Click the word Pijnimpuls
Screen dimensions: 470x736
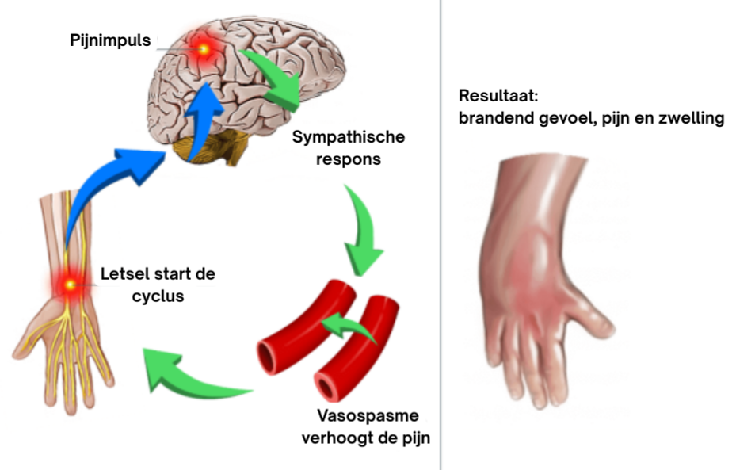click(109, 40)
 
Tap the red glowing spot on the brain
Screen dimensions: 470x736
click(204, 49)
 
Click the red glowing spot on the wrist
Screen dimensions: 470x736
click(70, 284)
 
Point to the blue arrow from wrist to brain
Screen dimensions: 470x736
click(119, 170)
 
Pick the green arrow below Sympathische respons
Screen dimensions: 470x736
click(360, 230)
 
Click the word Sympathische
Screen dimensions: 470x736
click(349, 137)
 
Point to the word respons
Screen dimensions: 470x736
click(349, 159)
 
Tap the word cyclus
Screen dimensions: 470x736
click(125, 297)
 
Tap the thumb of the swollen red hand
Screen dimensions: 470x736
click(596, 317)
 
